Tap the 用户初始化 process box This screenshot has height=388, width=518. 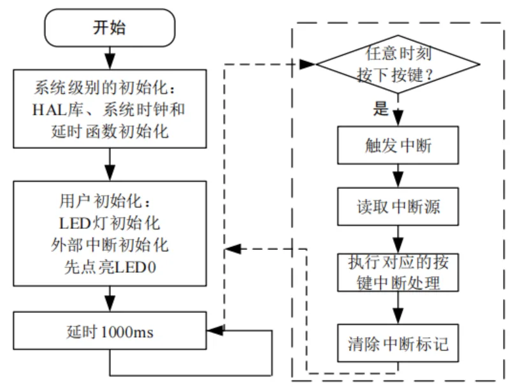[110, 233]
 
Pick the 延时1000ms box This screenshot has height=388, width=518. [110, 331]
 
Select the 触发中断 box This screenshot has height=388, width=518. [398, 146]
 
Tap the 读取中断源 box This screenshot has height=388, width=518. [398, 207]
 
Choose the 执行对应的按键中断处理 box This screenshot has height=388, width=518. [398, 272]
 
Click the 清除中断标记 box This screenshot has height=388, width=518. [398, 344]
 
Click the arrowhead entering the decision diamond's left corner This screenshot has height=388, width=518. [310, 64]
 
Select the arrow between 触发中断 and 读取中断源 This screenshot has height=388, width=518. [398, 175]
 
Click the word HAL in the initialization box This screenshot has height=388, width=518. [47, 109]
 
